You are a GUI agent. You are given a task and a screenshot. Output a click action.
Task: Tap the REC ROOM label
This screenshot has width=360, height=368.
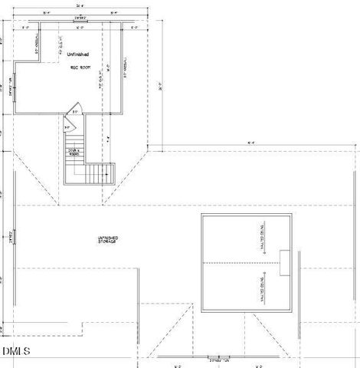coord(81,68)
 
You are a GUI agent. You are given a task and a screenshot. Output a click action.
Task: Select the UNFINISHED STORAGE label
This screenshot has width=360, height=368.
coord(106,240)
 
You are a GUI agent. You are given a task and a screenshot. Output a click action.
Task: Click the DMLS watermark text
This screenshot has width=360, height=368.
coord(16,352)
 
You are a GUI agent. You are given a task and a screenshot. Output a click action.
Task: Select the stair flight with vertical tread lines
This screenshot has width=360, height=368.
coord(100,173)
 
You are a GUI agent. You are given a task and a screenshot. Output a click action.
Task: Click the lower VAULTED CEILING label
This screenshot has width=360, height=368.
coord(262,288)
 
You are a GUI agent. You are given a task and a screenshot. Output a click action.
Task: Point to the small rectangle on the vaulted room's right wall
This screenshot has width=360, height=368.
coord(285,262)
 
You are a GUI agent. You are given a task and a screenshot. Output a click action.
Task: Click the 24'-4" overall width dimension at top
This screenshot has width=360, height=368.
coord(80,5)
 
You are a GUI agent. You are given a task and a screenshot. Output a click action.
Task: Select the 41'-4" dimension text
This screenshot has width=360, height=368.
coord(250,143)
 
